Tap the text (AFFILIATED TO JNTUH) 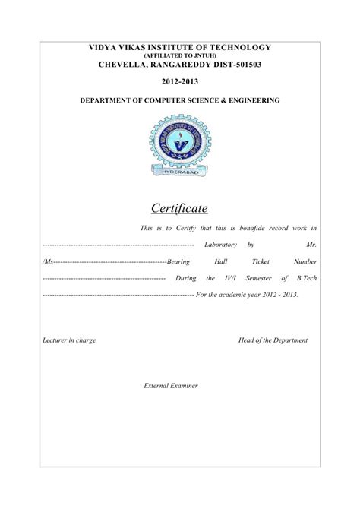click(x=179, y=56)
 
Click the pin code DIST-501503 click(x=233, y=65)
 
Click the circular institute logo click(x=180, y=144)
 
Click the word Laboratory click(x=221, y=245)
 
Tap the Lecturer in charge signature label click(x=68, y=341)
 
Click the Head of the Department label click(x=273, y=341)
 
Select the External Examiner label click(x=171, y=386)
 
